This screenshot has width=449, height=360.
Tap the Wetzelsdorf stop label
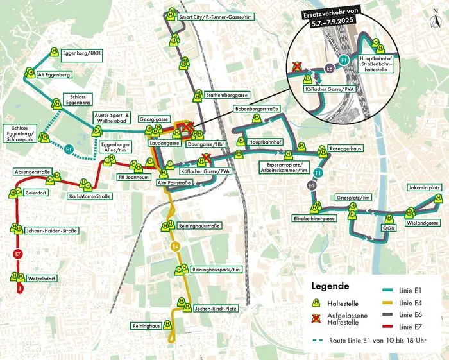click(43, 279)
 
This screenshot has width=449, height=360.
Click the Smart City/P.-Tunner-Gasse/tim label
click(213, 17)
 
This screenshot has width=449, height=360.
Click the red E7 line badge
click(17, 255)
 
